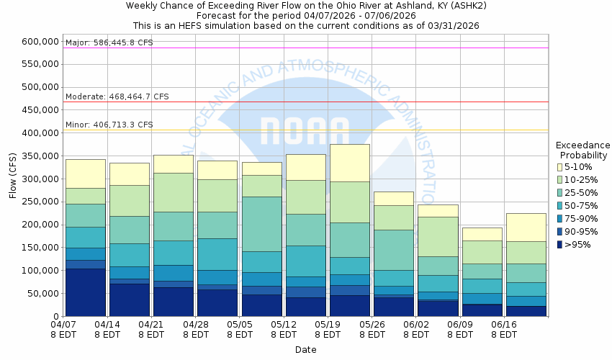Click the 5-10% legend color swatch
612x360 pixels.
pos(559,167)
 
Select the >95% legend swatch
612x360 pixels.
pos(559,245)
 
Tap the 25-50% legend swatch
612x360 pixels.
pos(559,193)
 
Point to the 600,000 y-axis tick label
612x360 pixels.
pos(41,42)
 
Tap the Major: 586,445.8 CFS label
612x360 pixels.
pos(109,42)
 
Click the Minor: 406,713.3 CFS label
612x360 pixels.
pos(109,125)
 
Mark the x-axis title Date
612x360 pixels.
pos(306,350)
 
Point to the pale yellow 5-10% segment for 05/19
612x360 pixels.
pos(350,163)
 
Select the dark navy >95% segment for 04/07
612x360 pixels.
pos(86,292)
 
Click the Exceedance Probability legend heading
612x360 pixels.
pos(583,150)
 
